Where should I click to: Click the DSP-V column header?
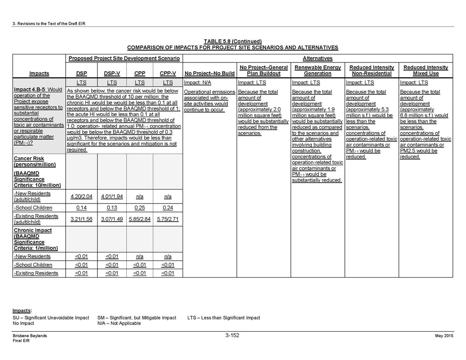[x=111, y=74]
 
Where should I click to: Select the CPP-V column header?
[x=168, y=74]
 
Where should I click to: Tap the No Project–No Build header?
[x=210, y=74]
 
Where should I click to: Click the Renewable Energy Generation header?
[x=317, y=70]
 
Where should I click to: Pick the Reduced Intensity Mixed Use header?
[x=425, y=70]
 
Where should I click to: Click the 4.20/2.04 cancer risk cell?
[x=82, y=197]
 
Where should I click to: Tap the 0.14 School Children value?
[x=82, y=208]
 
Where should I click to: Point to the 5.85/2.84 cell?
[x=140, y=219]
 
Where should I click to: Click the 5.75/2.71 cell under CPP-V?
[x=168, y=219]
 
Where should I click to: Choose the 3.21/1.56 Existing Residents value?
[x=82, y=219]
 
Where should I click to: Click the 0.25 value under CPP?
[x=140, y=208]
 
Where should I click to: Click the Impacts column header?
[x=39, y=74]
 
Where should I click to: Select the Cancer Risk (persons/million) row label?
[x=35, y=161]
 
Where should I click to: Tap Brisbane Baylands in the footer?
[x=30, y=336]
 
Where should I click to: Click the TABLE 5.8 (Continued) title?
[x=233, y=41]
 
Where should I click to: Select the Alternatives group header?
[x=317, y=59]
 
